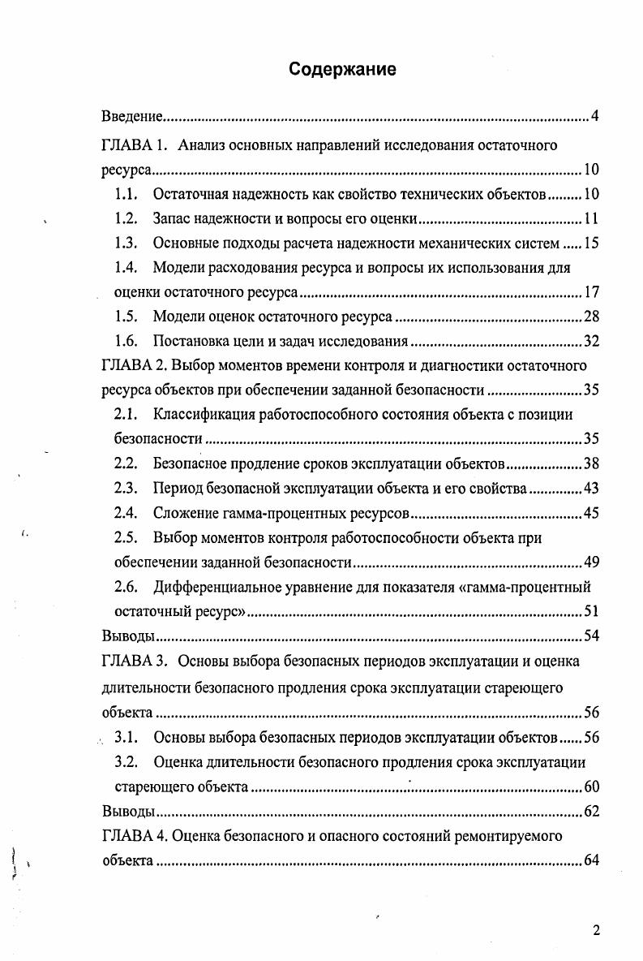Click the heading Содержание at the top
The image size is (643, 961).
tap(343, 70)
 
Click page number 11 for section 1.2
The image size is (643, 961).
tap(591, 219)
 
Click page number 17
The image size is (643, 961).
tap(591, 292)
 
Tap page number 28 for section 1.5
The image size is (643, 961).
tap(591, 317)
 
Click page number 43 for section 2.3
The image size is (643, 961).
tap(591, 489)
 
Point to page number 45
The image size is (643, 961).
tap(591, 513)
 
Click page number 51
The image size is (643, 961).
tap(591, 611)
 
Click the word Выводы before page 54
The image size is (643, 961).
tap(128, 636)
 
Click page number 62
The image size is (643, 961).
tap(591, 811)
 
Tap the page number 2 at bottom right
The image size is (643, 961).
tap(597, 930)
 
